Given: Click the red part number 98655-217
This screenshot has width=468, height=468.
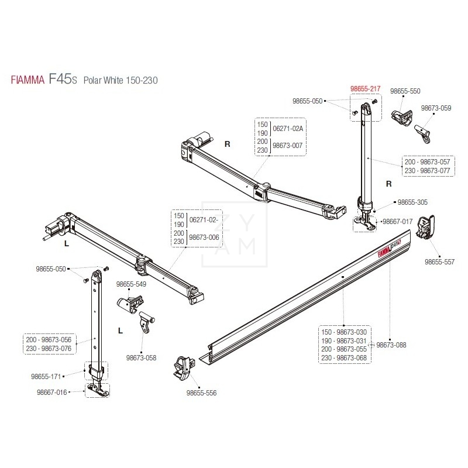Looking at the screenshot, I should click(365, 89).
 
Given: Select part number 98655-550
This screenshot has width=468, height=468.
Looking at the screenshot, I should click(405, 91).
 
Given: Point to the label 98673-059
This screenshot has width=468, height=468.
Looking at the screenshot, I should click(436, 108).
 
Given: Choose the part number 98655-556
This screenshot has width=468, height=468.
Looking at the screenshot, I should click(201, 393).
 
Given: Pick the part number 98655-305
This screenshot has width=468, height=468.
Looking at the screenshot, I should click(412, 202).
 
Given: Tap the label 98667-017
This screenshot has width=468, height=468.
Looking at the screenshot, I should click(397, 222).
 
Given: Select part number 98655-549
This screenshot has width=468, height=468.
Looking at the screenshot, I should click(130, 284).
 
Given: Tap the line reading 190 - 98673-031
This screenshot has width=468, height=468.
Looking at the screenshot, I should click(345, 340).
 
